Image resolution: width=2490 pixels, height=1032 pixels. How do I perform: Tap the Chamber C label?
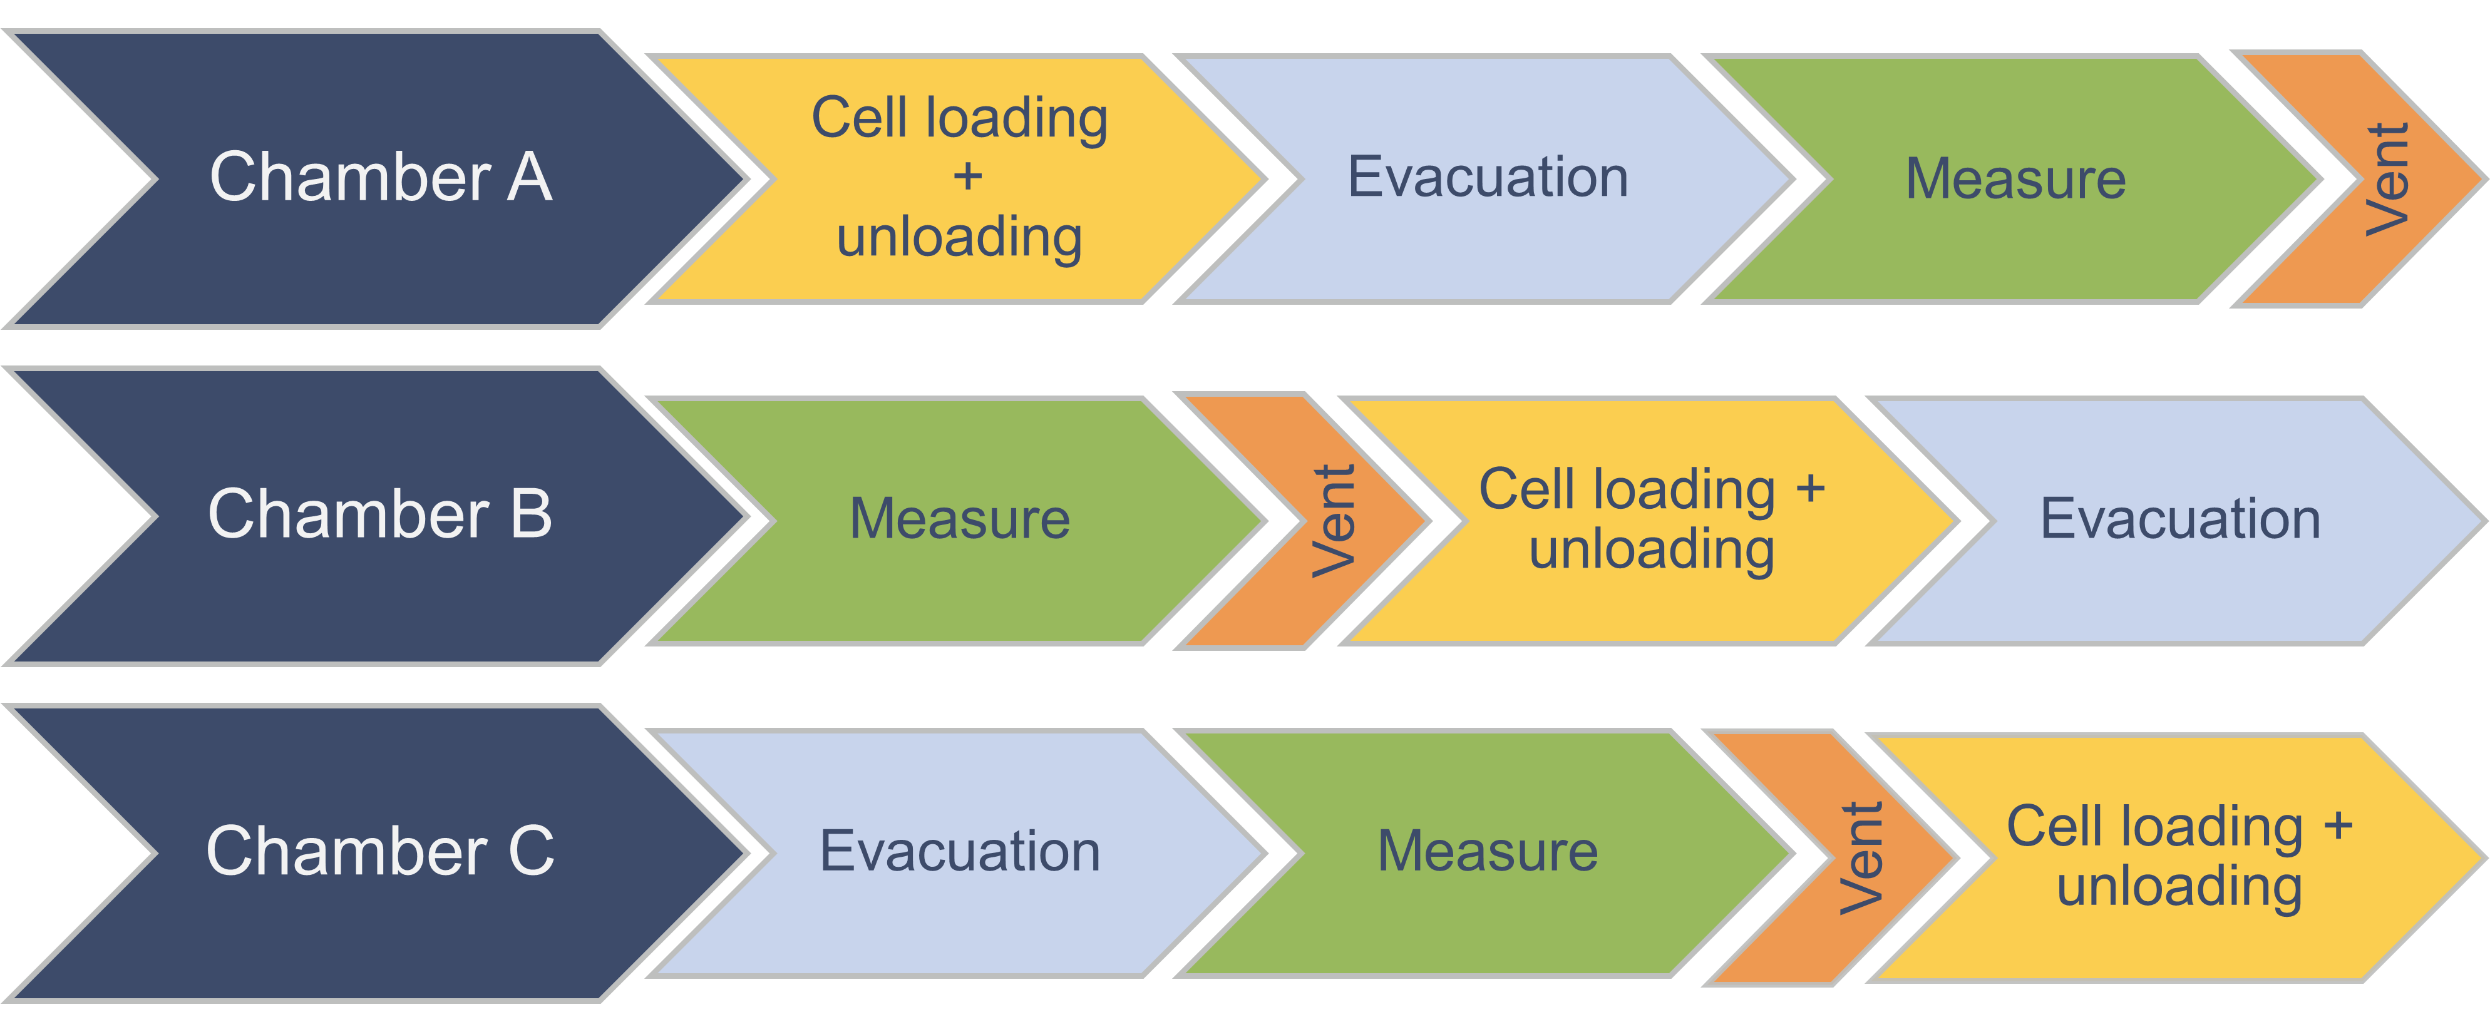(380, 851)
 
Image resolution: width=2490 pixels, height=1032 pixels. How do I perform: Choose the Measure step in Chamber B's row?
(959, 519)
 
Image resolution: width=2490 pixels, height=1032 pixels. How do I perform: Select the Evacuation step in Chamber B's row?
(2179, 519)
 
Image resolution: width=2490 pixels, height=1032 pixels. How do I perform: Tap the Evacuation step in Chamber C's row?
(959, 851)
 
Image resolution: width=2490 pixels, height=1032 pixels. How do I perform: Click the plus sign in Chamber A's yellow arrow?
(967, 177)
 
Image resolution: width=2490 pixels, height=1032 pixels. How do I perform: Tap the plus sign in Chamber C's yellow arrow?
(2337, 826)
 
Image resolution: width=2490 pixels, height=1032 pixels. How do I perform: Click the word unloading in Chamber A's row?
(959, 237)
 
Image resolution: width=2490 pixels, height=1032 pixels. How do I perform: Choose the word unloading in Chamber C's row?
(2179, 886)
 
